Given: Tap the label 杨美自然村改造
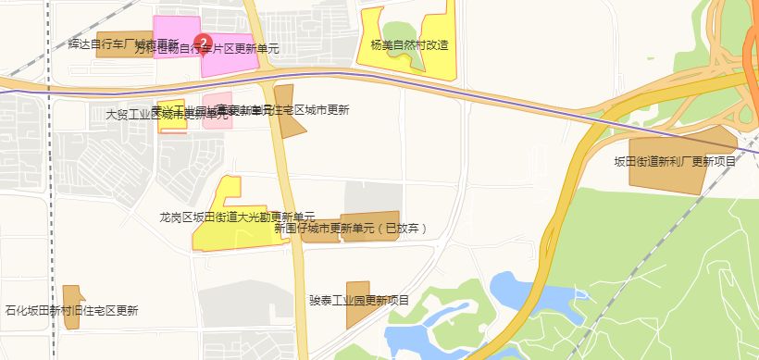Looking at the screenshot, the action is click(x=408, y=44).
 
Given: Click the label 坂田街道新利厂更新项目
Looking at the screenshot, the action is click(x=675, y=161).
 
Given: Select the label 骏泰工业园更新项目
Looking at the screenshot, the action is click(x=359, y=300).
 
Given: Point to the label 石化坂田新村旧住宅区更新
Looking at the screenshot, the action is click(x=71, y=311).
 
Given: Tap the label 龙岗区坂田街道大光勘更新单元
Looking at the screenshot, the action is click(x=237, y=217).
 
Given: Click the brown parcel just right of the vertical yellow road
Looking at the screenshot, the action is click(x=287, y=111).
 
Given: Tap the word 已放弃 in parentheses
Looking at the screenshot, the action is click(x=404, y=228).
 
